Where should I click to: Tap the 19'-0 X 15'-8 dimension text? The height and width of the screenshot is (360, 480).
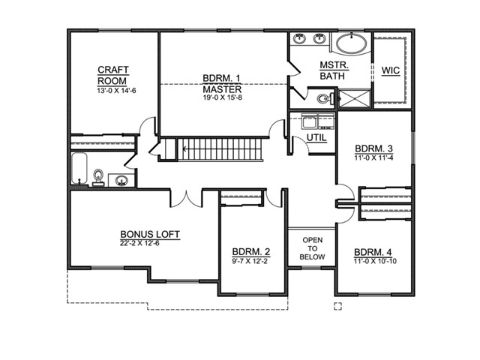(x=223, y=97)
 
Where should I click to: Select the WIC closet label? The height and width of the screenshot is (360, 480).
(x=391, y=70)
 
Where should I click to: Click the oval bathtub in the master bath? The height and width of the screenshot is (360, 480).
(x=351, y=44)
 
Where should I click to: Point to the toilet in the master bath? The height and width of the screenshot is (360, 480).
(x=323, y=99)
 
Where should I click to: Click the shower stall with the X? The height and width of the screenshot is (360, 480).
(x=355, y=98)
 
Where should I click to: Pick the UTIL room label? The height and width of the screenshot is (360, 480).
(x=316, y=138)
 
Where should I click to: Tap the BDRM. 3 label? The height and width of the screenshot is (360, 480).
(x=373, y=148)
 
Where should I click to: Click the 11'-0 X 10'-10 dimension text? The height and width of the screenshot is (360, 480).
(x=375, y=261)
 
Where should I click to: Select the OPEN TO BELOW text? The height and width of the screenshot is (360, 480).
(x=312, y=248)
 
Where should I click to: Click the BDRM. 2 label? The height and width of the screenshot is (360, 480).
(x=251, y=252)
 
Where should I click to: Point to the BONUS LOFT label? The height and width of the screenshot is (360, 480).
(x=150, y=235)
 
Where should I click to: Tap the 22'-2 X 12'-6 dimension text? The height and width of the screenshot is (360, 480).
(x=139, y=244)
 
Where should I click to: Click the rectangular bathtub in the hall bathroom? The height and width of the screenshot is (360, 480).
(x=79, y=168)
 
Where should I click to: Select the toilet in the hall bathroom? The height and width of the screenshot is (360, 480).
(x=98, y=178)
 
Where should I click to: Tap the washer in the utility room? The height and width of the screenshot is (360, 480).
(x=310, y=121)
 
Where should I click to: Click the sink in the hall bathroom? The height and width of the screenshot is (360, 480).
(x=121, y=181)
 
